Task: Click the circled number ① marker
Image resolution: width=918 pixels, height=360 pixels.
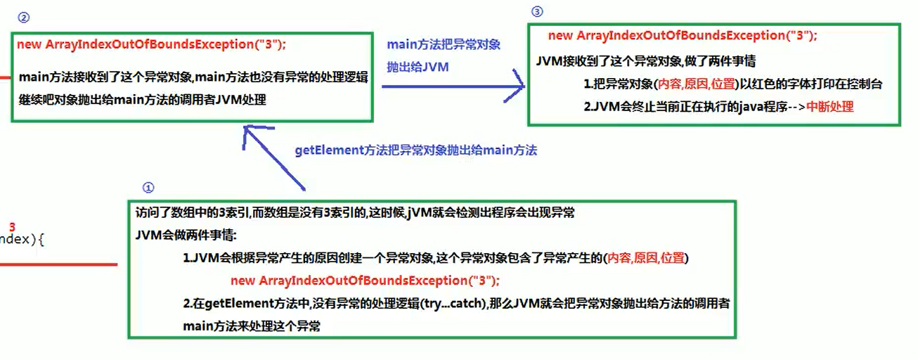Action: [x=148, y=188]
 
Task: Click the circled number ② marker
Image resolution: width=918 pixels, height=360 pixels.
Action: [x=25, y=17]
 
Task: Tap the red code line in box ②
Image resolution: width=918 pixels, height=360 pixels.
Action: [x=152, y=44]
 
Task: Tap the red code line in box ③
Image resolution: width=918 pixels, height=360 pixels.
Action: [x=683, y=36]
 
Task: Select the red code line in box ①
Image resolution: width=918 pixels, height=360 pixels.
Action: [x=365, y=281]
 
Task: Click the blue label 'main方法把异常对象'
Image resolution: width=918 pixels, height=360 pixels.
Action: [x=444, y=45]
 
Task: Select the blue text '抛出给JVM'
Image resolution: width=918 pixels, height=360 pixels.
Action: [x=418, y=67]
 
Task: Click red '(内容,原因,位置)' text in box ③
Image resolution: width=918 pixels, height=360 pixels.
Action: [x=696, y=84]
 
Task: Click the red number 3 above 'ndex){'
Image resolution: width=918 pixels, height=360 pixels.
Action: [x=12, y=226]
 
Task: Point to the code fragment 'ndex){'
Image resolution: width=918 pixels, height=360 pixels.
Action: [x=22, y=240]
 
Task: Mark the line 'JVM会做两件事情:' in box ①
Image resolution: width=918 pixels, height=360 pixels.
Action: [x=187, y=235]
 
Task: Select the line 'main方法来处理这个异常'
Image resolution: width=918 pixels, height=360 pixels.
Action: [x=252, y=326]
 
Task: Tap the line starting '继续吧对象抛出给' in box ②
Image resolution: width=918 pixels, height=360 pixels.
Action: [x=143, y=100]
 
